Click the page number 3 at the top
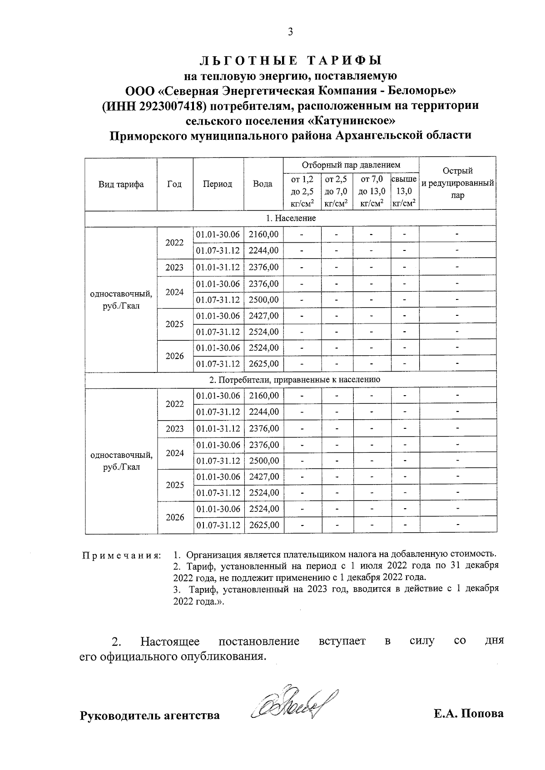pos(290,32)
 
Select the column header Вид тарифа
pos(121,184)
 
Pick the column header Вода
pos(263,184)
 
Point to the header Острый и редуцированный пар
pos(458,183)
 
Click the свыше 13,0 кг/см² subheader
pos(404,191)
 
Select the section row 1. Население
pos(291,218)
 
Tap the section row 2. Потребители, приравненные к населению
pos(291,379)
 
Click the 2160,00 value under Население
pos(263,234)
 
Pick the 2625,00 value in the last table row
pos(263,525)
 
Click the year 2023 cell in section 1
pos(174,267)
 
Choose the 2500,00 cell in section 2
pos(263,461)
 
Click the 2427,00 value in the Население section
pos(263,316)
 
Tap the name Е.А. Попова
pos(468,714)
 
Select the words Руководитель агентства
pos(150,716)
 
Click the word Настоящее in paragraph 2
pos(170,642)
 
